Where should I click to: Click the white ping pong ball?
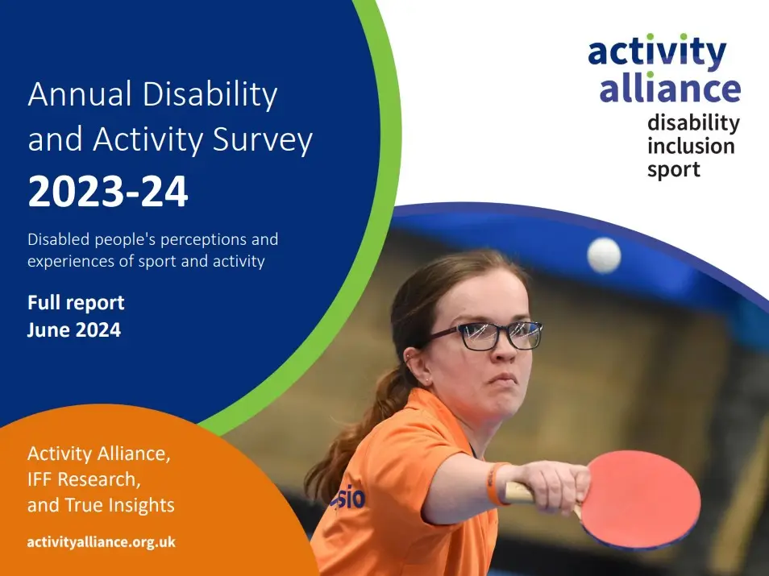[604, 255]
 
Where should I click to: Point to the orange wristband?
[495, 483]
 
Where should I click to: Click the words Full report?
[76, 303]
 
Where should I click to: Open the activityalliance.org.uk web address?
[101, 541]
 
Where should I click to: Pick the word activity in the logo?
[657, 52]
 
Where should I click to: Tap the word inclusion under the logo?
[691, 146]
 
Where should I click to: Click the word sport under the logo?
[674, 169]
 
